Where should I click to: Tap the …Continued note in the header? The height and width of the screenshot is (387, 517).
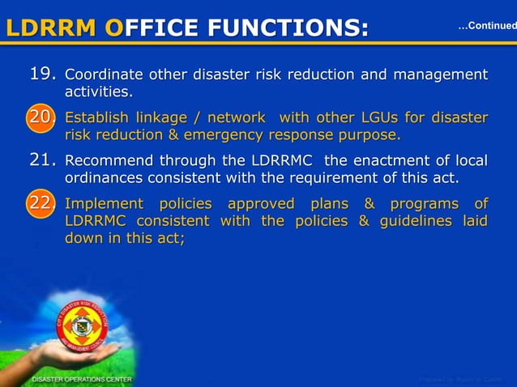(486, 27)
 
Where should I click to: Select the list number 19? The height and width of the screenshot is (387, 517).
(42, 75)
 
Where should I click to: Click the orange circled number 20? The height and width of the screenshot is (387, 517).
(41, 118)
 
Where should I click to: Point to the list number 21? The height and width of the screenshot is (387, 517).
(42, 159)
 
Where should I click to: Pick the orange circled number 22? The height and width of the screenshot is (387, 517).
(41, 204)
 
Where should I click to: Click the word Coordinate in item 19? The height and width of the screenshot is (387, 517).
(103, 75)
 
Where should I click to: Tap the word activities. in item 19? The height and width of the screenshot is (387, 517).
(99, 91)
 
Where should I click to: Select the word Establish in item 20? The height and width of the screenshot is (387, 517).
(98, 118)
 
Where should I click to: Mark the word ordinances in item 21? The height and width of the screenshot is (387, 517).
(103, 176)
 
